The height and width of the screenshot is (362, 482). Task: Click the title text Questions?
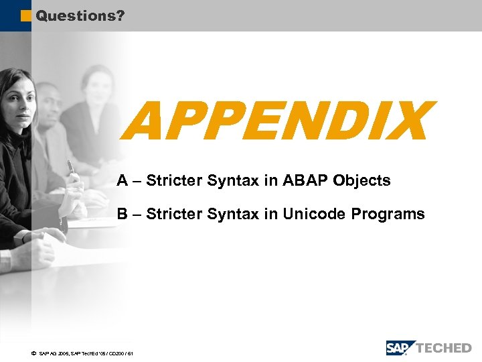pyautogui.click(x=80, y=15)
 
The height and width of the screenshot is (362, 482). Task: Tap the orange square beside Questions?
pyautogui.click(x=26, y=15)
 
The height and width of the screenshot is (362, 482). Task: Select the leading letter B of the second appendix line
pyautogui.click(x=123, y=214)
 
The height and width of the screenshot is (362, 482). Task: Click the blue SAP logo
pyautogui.click(x=400, y=348)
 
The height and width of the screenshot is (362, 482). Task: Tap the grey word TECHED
pyautogui.click(x=445, y=348)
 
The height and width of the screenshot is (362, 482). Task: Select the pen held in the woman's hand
pyautogui.click(x=70, y=166)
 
